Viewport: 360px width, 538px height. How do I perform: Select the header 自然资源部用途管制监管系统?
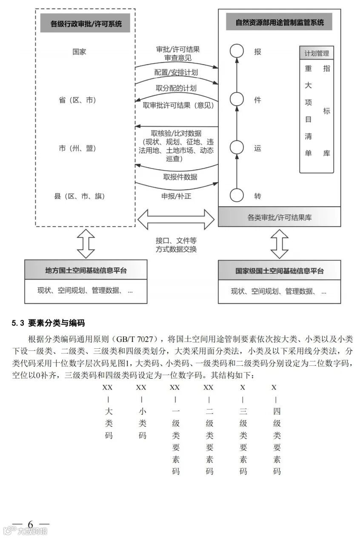[x=280, y=22]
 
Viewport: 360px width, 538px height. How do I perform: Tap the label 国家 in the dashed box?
[x=79, y=52]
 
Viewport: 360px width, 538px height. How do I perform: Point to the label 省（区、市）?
[x=77, y=100]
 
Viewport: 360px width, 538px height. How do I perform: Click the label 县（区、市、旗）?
[x=79, y=196]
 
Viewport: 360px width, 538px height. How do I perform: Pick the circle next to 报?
[x=237, y=51]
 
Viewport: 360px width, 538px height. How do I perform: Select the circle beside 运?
[x=237, y=148]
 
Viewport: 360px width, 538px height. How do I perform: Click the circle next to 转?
[x=237, y=196]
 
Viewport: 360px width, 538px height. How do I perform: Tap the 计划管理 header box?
[x=317, y=54]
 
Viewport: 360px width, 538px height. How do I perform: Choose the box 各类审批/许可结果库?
[x=280, y=217]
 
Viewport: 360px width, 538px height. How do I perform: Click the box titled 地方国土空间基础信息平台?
[x=86, y=270]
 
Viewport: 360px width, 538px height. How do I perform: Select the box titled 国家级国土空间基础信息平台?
[x=280, y=270]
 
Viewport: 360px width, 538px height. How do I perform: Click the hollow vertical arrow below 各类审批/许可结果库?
[x=280, y=244]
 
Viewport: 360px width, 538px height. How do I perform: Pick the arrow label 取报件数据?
[x=180, y=177]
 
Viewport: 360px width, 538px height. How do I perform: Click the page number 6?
[x=30, y=524]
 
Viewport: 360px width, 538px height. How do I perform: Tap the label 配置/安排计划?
[x=176, y=72]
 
